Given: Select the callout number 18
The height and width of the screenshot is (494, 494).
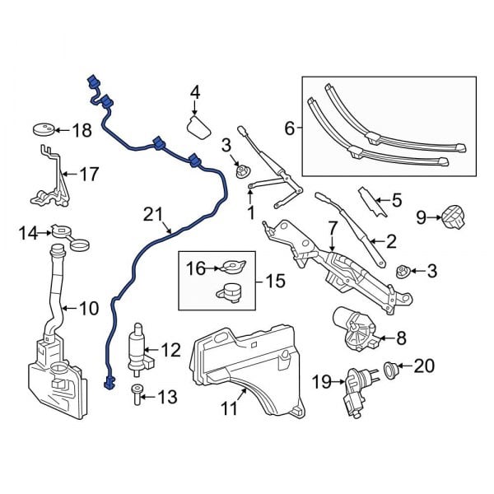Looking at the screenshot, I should [x=82, y=130].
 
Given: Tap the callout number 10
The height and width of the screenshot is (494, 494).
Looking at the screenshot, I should [x=88, y=310].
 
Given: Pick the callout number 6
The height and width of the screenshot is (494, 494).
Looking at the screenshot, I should [x=289, y=128].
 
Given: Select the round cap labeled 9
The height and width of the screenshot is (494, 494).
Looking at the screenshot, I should [x=451, y=218].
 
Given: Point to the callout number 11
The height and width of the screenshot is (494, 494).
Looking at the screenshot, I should [x=228, y=406].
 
